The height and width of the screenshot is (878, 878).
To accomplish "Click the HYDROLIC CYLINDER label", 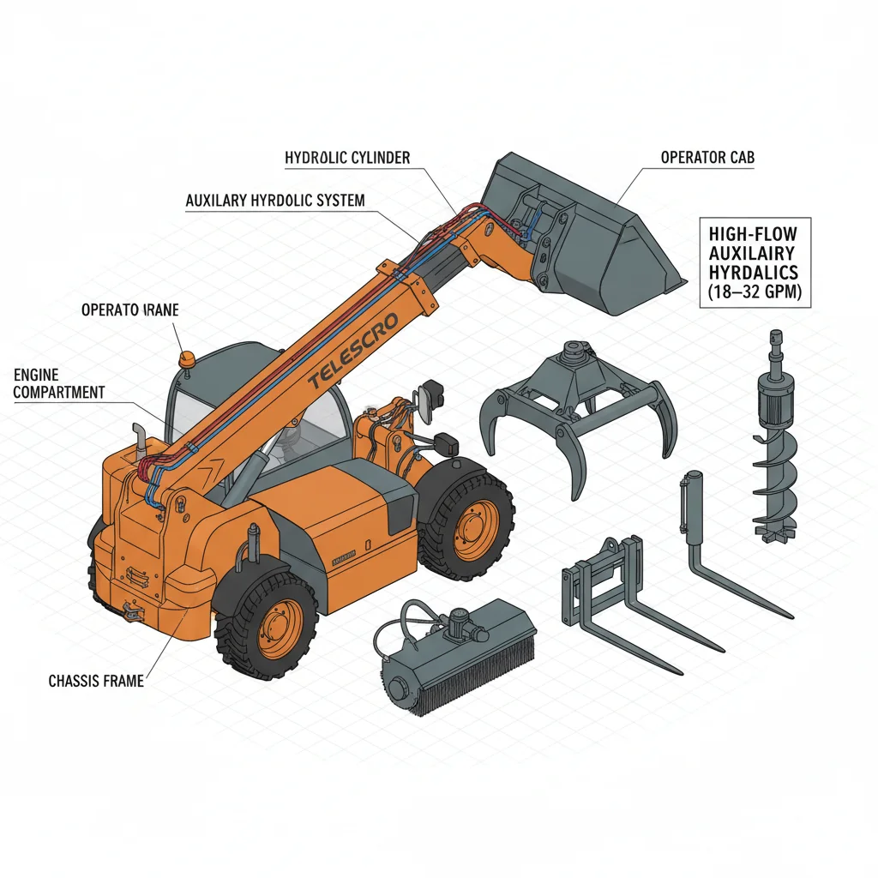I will pos(347,158).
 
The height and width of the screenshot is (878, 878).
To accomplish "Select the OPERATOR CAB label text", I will pos(707,158).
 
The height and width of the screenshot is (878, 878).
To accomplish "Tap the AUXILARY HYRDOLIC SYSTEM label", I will pos(274,200).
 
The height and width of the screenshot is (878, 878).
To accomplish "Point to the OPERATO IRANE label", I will pos(130,310).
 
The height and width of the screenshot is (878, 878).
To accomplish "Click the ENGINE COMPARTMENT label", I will pos(59,383).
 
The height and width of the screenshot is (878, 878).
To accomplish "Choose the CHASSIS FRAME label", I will pos(96,681).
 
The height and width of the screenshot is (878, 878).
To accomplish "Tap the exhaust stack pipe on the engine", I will pos(138,438).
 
